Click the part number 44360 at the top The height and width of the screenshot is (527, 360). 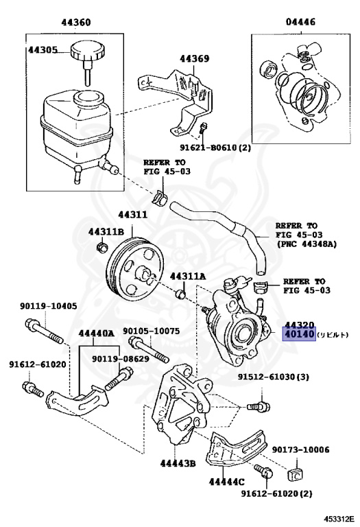[x=76, y=23]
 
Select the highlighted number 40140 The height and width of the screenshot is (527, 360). [x=299, y=334]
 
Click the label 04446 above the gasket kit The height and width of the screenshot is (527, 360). [x=300, y=22]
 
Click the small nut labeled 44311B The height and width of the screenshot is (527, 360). [x=101, y=248]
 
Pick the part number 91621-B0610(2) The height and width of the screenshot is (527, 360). [x=215, y=148]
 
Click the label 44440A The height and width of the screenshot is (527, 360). [x=97, y=333]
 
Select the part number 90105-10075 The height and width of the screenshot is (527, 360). [x=151, y=331]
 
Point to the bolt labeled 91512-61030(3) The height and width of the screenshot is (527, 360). [x=259, y=407]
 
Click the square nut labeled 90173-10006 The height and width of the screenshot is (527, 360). [x=294, y=475]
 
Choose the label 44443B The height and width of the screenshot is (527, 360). [x=178, y=463]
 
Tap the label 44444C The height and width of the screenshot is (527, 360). [x=227, y=482]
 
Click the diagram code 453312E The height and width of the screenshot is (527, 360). [x=339, y=518]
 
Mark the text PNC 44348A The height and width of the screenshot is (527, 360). [x=307, y=244]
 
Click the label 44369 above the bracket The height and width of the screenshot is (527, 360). [x=195, y=58]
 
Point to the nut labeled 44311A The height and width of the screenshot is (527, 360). [x=181, y=294]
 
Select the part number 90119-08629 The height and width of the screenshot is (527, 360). [x=121, y=359]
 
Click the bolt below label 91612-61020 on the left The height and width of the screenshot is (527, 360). [x=33, y=389]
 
